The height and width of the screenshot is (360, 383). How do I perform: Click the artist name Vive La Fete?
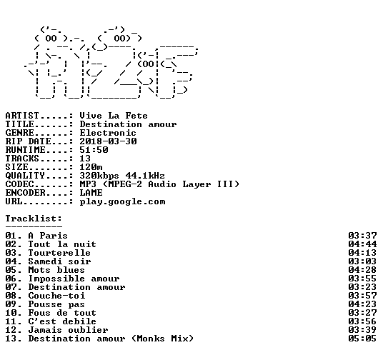tap(114, 116)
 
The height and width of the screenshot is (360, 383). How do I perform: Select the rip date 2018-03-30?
tap(108, 141)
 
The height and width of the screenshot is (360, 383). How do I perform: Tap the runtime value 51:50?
tap(94, 150)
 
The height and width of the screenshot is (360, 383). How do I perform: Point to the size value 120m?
tap(91, 167)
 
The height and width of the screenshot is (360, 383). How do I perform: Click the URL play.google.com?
tap(122, 201)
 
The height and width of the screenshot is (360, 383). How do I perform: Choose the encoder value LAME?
tap(91, 193)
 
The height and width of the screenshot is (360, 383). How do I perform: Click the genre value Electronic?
tap(108, 133)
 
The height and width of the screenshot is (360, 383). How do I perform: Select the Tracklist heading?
tap(34, 219)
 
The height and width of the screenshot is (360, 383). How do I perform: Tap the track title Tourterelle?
tap(59, 253)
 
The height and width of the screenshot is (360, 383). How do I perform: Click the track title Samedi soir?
tap(59, 261)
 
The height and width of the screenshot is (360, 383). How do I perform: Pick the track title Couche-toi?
tap(56, 296)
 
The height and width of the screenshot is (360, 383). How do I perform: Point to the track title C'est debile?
tap(62, 321)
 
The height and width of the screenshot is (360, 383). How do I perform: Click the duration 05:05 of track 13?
tap(362, 339)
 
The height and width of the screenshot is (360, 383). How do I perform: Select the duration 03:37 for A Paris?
tap(362, 236)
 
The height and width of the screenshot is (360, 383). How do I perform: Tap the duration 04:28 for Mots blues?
tap(362, 270)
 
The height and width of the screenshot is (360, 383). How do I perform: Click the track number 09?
tap(11, 304)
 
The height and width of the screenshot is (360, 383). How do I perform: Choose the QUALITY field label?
tap(25, 176)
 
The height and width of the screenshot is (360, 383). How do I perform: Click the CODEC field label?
tap(19, 184)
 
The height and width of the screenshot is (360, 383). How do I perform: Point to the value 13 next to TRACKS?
tap(85, 159)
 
